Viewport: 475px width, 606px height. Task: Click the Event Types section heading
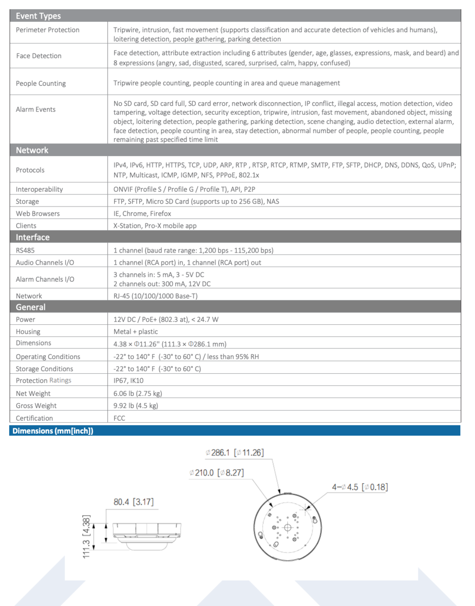pyautogui.click(x=38, y=16)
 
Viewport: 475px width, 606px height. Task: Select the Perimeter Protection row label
pyautogui.click(x=47, y=30)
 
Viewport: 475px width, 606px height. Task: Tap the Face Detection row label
pyautogui.click(x=39, y=56)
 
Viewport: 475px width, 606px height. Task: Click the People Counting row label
pyautogui.click(x=41, y=83)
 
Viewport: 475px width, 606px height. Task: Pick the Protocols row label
pyautogui.click(x=30, y=170)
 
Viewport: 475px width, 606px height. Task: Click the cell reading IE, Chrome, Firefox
pyautogui.click(x=142, y=214)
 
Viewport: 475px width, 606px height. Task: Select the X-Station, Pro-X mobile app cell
pyautogui.click(x=155, y=226)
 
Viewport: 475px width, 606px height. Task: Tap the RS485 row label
pyautogui.click(x=25, y=250)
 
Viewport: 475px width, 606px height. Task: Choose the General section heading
pyautogui.click(x=31, y=307)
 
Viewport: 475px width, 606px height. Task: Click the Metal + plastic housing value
pyautogui.click(x=136, y=332)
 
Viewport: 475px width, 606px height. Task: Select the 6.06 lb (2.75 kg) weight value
pyautogui.click(x=138, y=393)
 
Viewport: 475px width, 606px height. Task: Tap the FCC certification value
pyautogui.click(x=119, y=418)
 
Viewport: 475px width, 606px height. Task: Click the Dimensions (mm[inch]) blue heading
pyautogui.click(x=53, y=431)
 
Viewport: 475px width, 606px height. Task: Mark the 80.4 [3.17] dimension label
pyautogui.click(x=133, y=502)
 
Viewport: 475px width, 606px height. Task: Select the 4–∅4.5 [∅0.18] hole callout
pyautogui.click(x=359, y=487)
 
